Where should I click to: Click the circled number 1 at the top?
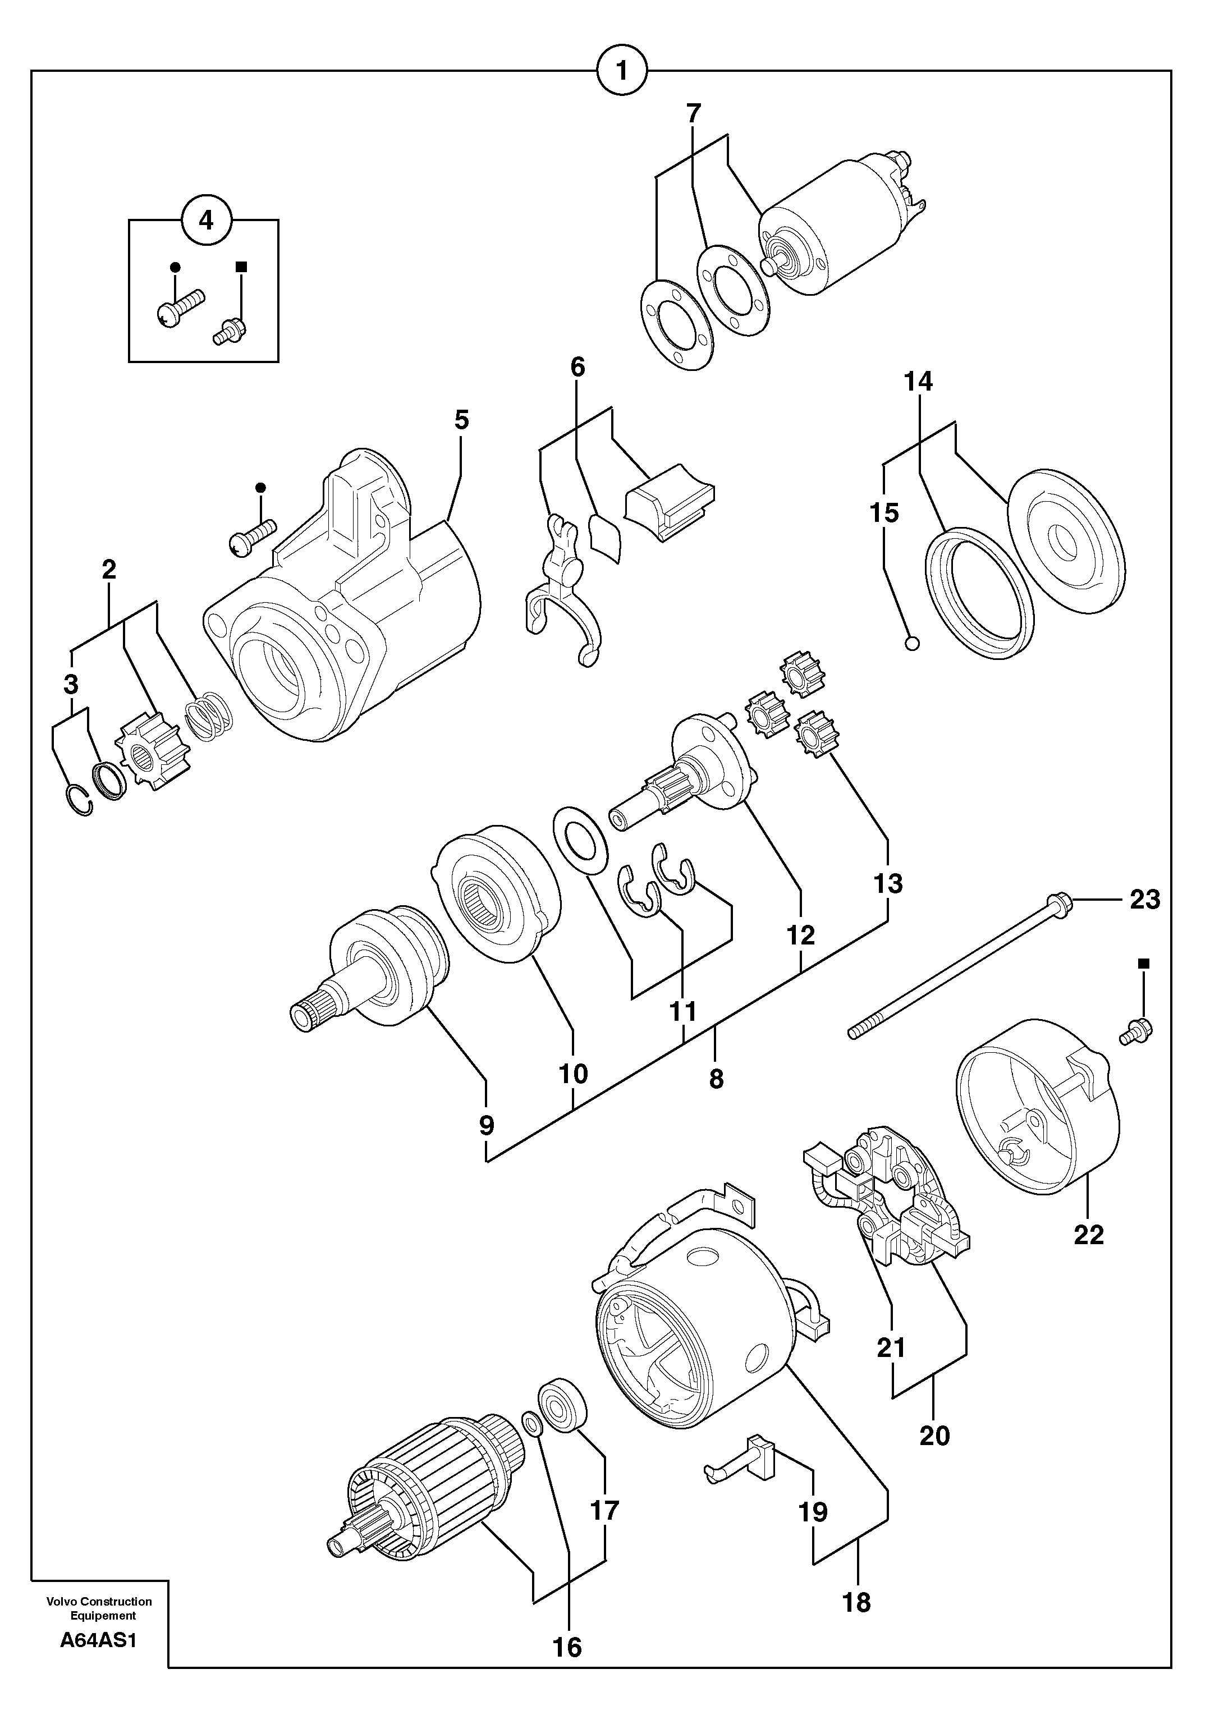(x=621, y=72)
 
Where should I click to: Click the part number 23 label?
(x=1144, y=900)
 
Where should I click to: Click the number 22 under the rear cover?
(x=1088, y=1235)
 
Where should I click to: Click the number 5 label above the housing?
(x=461, y=420)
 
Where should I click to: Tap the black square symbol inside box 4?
(x=241, y=266)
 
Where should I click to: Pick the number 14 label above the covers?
(x=918, y=382)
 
